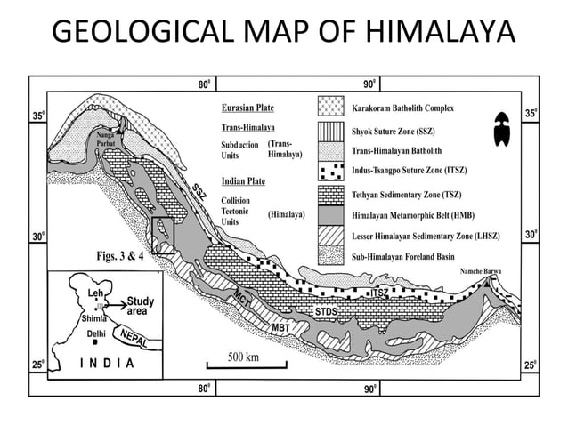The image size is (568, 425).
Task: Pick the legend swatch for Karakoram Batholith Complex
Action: pyautogui.click(x=331, y=109)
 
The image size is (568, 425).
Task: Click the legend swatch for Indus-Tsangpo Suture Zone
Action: pyautogui.click(x=331, y=171)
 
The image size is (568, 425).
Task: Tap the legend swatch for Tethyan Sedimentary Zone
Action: pyautogui.click(x=331, y=192)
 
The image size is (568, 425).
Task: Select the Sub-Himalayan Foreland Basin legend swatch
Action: pyautogui.click(x=331, y=255)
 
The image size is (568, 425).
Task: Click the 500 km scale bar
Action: pyautogui.click(x=244, y=363)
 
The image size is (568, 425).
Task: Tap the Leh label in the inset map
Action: pyautogui.click(x=97, y=293)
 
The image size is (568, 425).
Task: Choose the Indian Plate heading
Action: pyautogui.click(x=245, y=182)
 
